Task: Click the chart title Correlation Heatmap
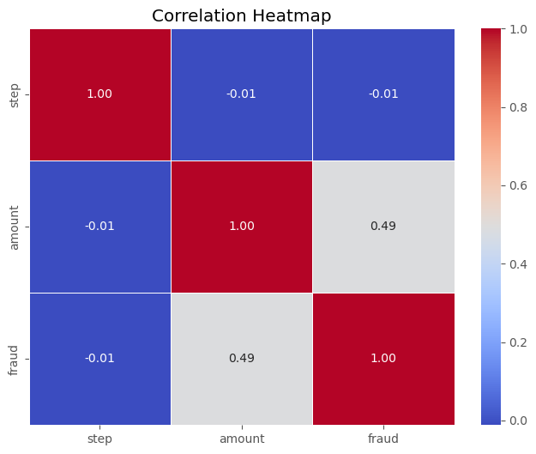[241, 15]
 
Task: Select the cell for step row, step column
[100, 94]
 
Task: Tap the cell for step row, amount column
[241, 94]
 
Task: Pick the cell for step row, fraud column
[382, 94]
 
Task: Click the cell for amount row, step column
[100, 227]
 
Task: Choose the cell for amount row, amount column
[241, 227]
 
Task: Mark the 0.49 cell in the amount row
[382, 227]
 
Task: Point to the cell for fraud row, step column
[100, 358]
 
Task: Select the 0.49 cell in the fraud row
[241, 358]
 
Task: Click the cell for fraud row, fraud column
[382, 358]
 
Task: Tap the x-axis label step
[100, 439]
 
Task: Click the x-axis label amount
[241, 439]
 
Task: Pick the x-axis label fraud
[382, 439]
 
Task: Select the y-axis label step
[15, 94]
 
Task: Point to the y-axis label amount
[15, 227]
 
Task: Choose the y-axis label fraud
[15, 358]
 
